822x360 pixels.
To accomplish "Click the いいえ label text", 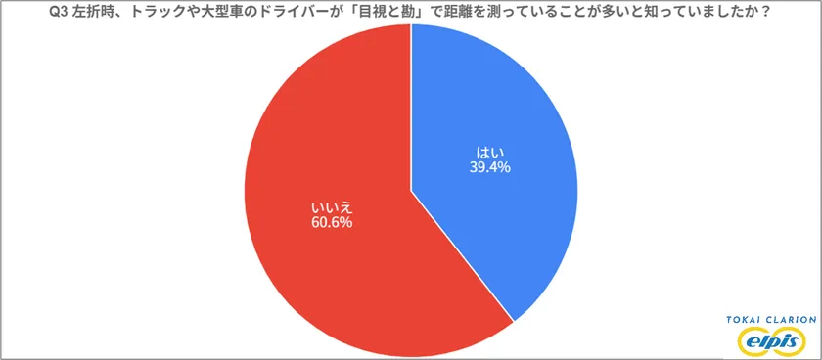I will pyautogui.click(x=331, y=206).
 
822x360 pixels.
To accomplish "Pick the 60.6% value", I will pyautogui.click(x=331, y=222).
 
